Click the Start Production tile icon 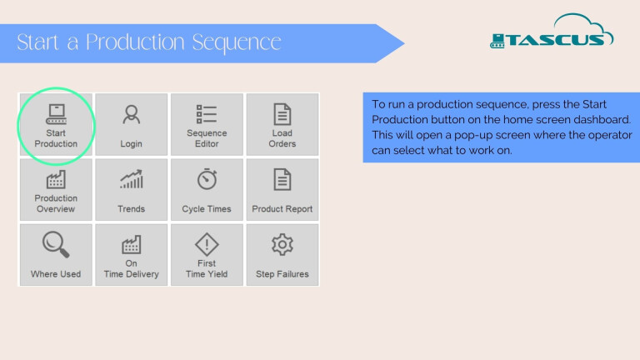(56, 114)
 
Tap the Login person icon (131, 115)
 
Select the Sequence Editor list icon (207, 114)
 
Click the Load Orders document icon (282, 114)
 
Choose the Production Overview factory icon (56, 180)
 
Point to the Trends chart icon (131, 179)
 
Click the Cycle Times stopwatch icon (207, 179)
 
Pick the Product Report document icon (282, 179)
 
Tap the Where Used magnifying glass (56, 244)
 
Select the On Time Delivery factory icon (131, 244)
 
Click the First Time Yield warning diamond (207, 244)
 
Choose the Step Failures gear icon (282, 244)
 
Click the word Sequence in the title (237, 42)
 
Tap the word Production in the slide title (135, 42)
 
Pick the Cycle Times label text (207, 209)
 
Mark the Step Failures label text (282, 274)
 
